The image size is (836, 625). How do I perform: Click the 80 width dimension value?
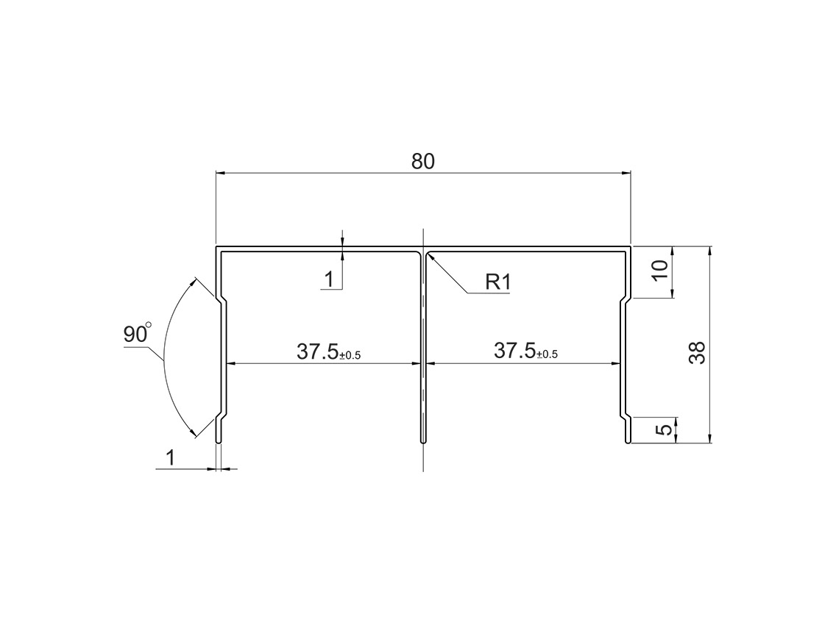pyautogui.click(x=423, y=161)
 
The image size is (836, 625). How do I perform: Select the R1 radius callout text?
pyautogui.click(x=497, y=282)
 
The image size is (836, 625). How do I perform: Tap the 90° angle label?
pyautogui.click(x=136, y=333)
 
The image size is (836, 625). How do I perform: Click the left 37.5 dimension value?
pyautogui.click(x=317, y=351)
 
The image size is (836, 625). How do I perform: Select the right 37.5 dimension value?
pyautogui.click(x=514, y=351)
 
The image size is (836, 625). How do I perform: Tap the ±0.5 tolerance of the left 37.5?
pyautogui.click(x=350, y=355)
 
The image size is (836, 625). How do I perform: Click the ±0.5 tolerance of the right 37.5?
pyautogui.click(x=547, y=354)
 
